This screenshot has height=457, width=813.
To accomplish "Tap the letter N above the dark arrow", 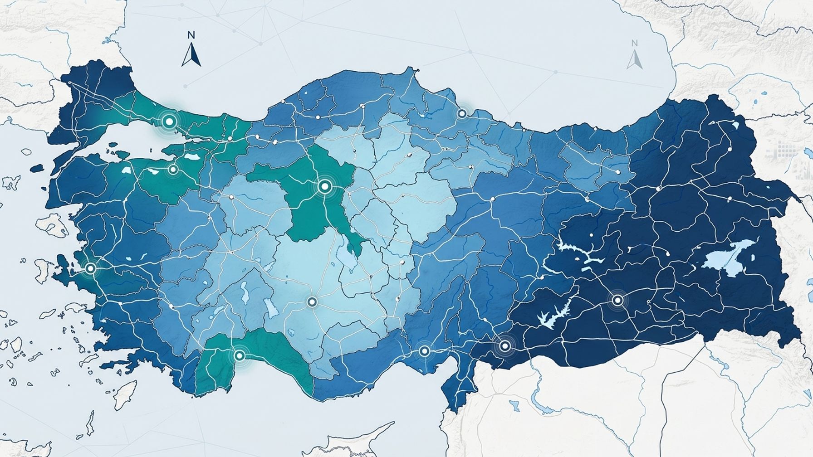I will pyautogui.click(x=191, y=35).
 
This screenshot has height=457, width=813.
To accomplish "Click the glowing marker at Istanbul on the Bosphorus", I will pyautogui.click(x=169, y=122).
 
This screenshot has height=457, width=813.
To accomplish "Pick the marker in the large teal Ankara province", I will pyautogui.click(x=324, y=186).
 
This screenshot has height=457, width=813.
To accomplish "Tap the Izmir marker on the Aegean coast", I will pyautogui.click(x=90, y=268).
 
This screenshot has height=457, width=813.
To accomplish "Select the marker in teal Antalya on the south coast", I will pyautogui.click(x=239, y=355).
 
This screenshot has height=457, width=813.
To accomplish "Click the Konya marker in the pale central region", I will pyautogui.click(x=312, y=302).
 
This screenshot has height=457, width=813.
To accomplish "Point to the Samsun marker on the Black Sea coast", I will pyautogui.click(x=462, y=113).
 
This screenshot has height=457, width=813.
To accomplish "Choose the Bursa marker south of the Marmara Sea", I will pyautogui.click(x=173, y=170).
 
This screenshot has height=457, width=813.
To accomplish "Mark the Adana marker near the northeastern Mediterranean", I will pyautogui.click(x=424, y=350).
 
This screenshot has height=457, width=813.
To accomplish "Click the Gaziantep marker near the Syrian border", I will pyautogui.click(x=504, y=346).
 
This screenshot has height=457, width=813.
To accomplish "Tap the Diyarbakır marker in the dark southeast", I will pyautogui.click(x=617, y=300).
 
